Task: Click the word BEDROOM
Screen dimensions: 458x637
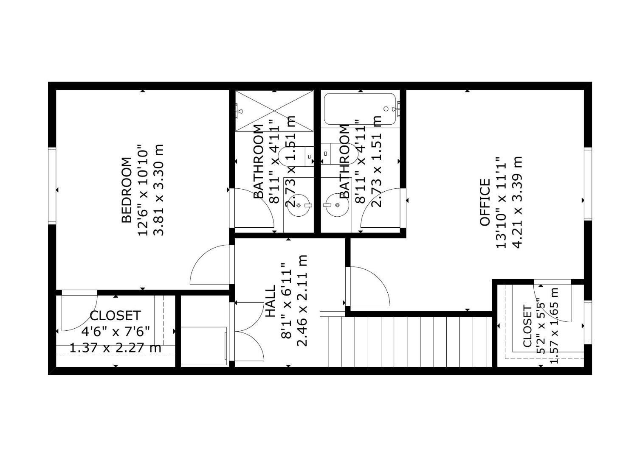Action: point(127,190)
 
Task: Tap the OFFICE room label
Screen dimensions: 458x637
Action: point(485,202)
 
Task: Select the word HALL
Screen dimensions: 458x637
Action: point(270,301)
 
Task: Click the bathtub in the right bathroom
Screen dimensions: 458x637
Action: point(360,109)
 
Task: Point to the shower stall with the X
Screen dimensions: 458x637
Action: point(274,110)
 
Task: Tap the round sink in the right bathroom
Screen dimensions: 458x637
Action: point(337,205)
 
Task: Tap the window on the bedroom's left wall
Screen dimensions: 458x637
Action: point(52,185)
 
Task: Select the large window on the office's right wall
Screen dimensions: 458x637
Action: point(588,183)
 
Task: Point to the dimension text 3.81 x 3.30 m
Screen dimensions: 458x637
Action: point(158,190)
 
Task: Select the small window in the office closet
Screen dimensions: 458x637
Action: point(588,322)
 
